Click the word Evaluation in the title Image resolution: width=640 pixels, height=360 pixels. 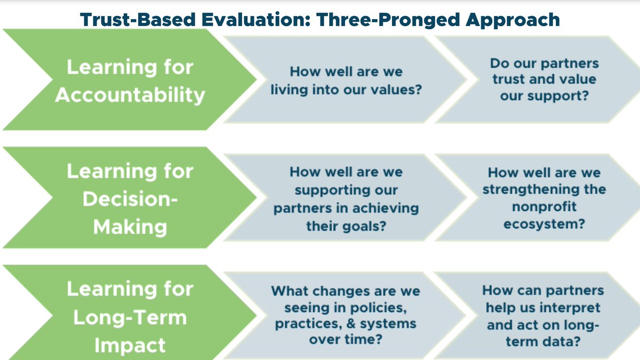click(x=255, y=20)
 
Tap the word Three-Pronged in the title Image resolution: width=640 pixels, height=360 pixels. click(x=388, y=21)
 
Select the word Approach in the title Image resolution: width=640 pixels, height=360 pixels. click(x=513, y=21)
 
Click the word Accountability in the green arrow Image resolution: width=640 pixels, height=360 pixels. click(x=130, y=95)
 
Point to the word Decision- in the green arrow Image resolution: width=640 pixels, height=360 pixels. click(x=130, y=199)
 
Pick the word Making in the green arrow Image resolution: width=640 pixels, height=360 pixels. click(x=130, y=228)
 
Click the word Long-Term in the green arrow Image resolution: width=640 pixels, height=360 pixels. click(x=130, y=317)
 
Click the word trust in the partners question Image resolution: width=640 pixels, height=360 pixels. click(x=508, y=79)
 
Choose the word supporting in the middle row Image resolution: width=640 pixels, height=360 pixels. click(x=346, y=190)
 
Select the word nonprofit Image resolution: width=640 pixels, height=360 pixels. click(x=544, y=207)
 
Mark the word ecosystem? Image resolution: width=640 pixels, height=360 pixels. click(x=544, y=224)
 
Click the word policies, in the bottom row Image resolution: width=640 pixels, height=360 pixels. click(x=379, y=308)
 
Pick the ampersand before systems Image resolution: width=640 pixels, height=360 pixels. click(x=351, y=324)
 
